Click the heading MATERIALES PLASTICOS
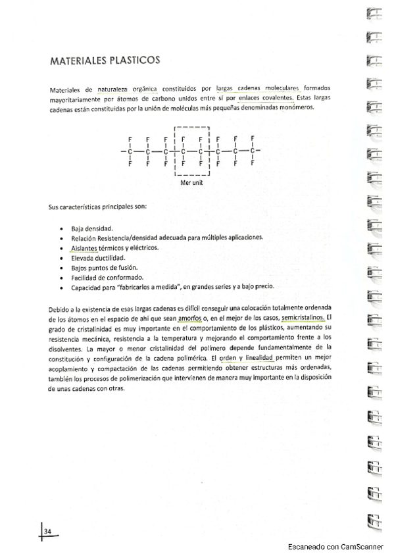click(105, 61)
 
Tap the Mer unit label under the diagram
click(192, 184)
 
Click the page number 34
click(47, 531)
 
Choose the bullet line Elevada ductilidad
click(99, 258)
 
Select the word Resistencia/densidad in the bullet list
click(138, 238)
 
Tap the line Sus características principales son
click(98, 207)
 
